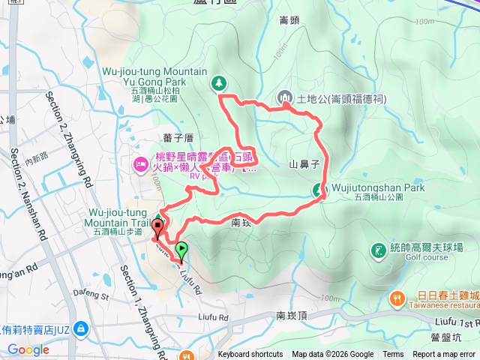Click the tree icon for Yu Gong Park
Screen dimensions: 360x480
tap(219, 82)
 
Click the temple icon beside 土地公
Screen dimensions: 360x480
tap(285, 97)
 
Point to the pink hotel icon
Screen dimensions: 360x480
tap(139, 163)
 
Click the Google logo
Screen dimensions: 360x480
tap(28, 349)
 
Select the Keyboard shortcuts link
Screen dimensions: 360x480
tap(250, 355)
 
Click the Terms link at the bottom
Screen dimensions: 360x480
tap(393, 355)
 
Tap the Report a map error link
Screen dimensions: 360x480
tap(445, 355)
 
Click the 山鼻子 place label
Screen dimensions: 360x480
tap(304, 163)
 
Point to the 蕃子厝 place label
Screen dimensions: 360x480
tap(178, 138)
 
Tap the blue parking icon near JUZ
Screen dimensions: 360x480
tap(81, 328)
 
